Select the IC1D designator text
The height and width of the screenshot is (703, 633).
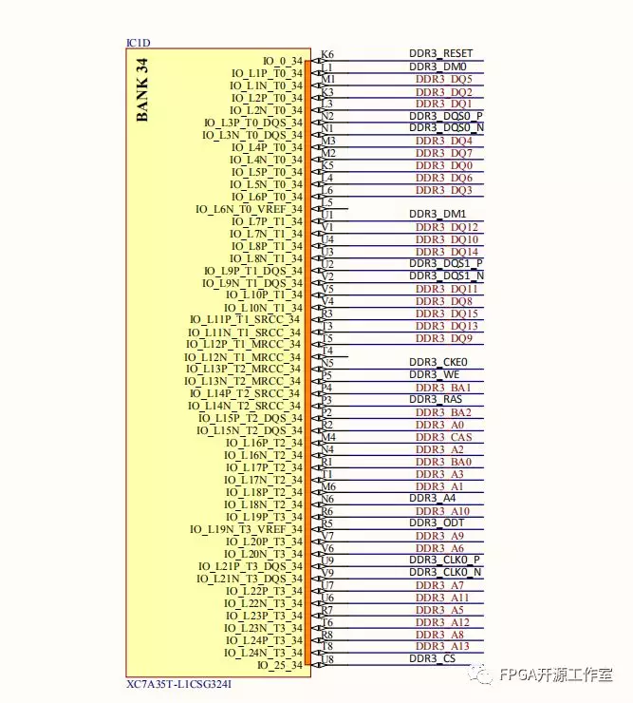coord(138,44)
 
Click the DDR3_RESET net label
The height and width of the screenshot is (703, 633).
coord(440,54)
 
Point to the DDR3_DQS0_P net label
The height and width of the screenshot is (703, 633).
coord(445,116)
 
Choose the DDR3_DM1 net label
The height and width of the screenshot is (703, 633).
coord(438,215)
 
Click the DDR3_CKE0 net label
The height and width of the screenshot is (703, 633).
coord(438,362)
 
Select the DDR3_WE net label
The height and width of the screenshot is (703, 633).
coord(435,374)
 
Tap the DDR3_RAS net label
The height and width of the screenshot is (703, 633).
coord(436,400)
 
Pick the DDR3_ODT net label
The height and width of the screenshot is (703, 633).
coord(436,523)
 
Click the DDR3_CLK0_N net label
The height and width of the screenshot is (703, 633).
coord(445,573)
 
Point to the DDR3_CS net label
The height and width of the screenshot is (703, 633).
coord(433,658)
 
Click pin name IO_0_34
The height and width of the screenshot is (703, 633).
coord(282,61)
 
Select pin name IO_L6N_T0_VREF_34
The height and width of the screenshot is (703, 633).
coord(250,209)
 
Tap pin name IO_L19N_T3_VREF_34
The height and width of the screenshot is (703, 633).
coord(247,529)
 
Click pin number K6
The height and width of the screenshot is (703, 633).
coord(327,54)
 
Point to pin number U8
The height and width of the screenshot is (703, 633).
coord(327,659)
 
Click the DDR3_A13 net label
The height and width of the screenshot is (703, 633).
coord(443,647)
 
